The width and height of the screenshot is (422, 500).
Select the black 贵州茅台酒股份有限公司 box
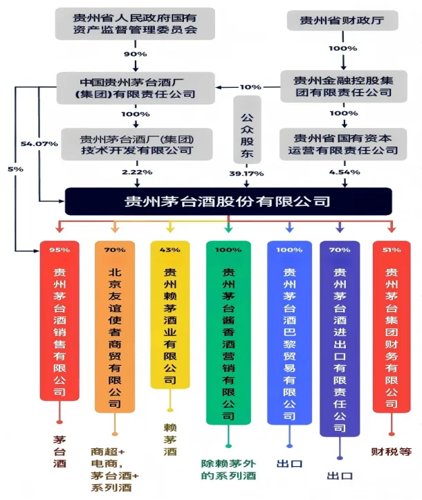(228, 202)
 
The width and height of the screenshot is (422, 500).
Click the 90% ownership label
(136, 55)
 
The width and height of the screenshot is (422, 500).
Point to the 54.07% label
(39, 143)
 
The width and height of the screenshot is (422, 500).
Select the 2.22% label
(136, 171)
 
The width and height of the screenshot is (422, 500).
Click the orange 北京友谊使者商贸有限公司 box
(114, 325)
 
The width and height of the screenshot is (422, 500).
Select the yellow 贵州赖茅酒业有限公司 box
(169, 315)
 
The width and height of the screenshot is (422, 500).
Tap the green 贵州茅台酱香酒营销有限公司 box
(228, 332)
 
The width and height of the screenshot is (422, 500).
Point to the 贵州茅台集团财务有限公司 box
(392, 325)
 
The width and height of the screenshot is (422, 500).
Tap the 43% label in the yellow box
(169, 250)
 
